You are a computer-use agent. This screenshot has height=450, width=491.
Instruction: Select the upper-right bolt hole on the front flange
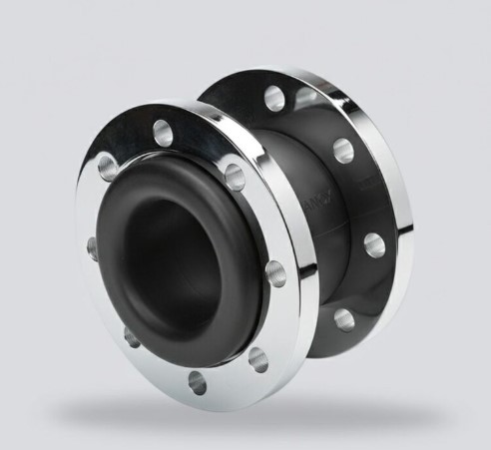[x=235, y=177]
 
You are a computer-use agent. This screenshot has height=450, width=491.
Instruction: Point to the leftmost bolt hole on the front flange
[x=93, y=245]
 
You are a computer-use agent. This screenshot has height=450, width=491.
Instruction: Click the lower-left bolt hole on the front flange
[x=131, y=335]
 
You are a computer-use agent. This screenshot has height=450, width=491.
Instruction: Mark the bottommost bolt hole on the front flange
[x=197, y=381]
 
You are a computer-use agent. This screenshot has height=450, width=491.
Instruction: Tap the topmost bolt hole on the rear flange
[x=273, y=97]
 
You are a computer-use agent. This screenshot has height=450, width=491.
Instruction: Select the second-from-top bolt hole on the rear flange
[x=343, y=150]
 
